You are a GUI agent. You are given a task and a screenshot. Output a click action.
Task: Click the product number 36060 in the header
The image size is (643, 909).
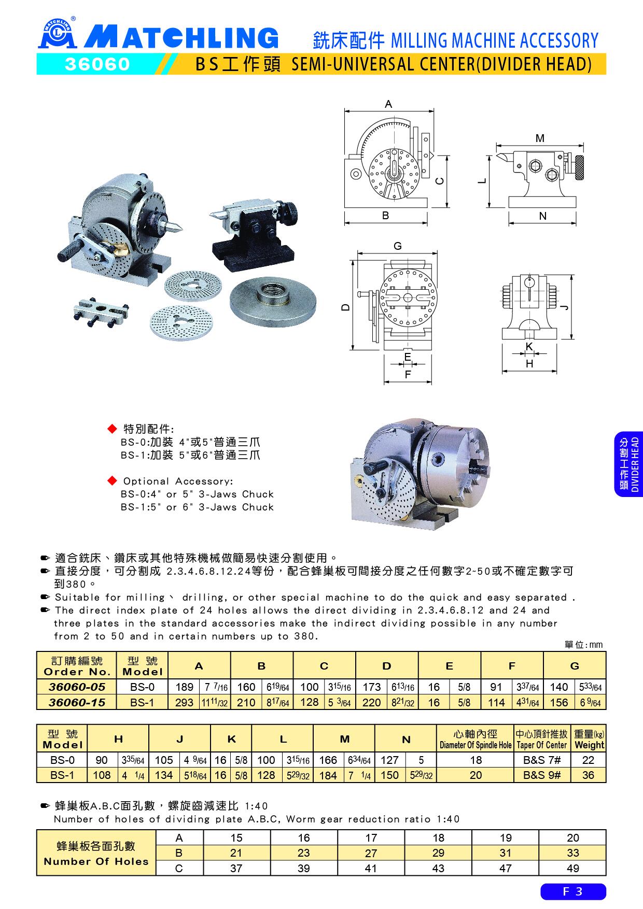click(97, 64)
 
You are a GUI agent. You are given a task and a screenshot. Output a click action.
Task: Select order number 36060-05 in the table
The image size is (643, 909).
click(77, 687)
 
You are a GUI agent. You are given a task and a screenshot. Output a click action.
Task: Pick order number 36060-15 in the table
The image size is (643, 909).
click(77, 702)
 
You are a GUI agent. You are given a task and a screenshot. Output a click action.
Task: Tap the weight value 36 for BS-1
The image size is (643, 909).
click(588, 775)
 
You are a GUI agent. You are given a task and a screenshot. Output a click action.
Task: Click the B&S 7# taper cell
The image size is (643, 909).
click(542, 760)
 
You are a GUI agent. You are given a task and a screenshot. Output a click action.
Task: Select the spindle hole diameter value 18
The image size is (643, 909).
click(476, 760)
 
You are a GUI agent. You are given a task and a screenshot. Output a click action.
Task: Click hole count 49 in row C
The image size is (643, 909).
click(572, 868)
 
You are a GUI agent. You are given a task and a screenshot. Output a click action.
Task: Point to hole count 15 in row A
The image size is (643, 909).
click(236, 838)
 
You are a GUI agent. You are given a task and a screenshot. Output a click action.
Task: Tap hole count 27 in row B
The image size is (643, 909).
click(371, 853)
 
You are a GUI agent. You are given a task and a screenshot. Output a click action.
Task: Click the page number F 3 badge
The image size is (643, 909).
click(573, 891)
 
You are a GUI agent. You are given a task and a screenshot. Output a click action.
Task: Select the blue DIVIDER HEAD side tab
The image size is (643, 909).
click(628, 464)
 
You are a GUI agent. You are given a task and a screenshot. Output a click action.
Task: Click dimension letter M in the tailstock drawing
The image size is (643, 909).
click(540, 138)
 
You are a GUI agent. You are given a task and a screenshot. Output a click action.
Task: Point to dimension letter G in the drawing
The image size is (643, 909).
click(398, 246)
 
